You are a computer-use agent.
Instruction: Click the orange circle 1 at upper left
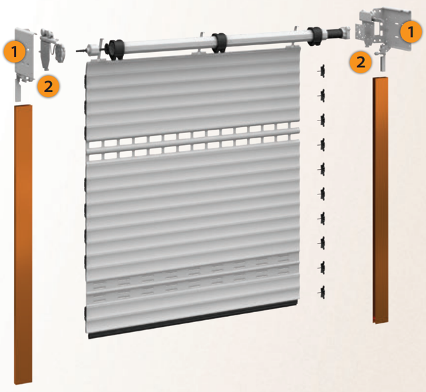click(15, 52)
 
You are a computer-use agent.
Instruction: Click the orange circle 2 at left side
click(48, 87)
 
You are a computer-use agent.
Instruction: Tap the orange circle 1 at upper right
click(411, 31)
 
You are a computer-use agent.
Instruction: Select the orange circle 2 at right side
click(361, 62)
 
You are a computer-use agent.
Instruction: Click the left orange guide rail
click(23, 244)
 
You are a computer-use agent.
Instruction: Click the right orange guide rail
click(380, 200)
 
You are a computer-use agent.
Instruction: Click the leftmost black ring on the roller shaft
click(116, 49)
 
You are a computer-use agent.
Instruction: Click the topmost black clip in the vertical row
click(321, 71)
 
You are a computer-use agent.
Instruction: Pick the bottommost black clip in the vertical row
click(321, 292)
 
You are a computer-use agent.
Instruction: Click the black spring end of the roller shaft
click(333, 33)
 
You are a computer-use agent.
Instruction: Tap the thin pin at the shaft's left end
click(81, 51)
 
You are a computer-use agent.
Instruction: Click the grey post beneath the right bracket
click(383, 64)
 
